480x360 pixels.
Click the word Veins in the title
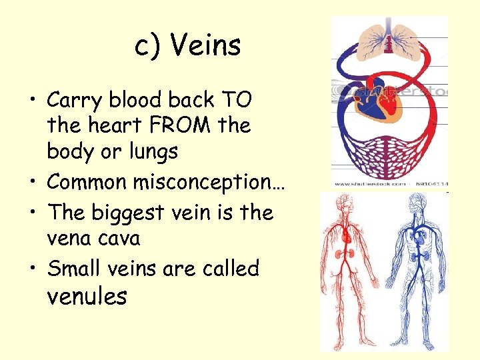point(205,46)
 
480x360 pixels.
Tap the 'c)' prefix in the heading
point(147,47)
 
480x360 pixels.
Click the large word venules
point(87,296)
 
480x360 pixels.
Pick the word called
point(233,269)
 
